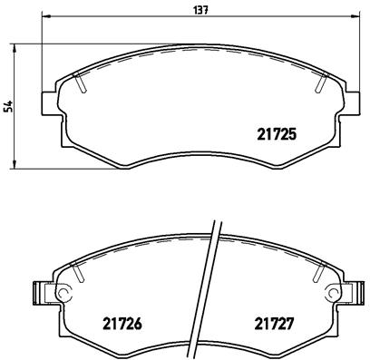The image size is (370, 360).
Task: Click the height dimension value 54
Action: [8, 105]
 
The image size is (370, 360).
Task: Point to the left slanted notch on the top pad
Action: [82, 83]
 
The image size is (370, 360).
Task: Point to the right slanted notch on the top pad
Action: [322, 83]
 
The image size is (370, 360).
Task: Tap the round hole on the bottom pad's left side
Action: [63, 294]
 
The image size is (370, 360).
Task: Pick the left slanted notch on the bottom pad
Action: [80, 273]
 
